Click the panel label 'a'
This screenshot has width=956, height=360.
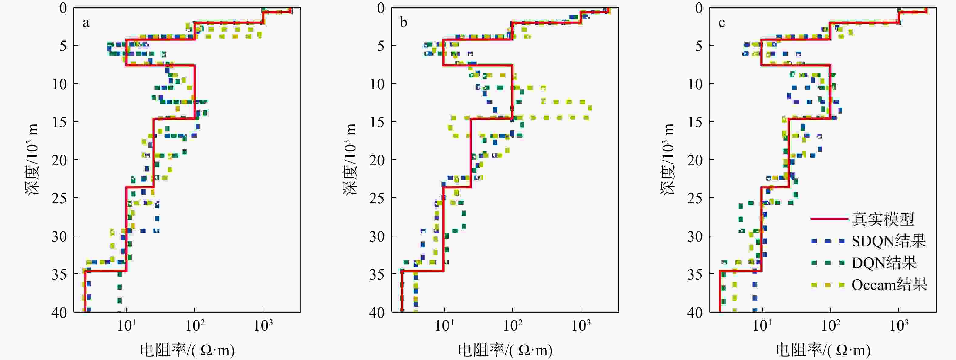[x=86, y=23]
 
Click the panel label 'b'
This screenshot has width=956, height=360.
[x=403, y=23]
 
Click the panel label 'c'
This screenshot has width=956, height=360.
[x=721, y=23]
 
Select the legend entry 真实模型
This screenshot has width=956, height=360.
[x=883, y=219]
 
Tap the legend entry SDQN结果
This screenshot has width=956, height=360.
[x=888, y=241]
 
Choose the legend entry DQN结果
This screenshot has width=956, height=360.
[x=884, y=263]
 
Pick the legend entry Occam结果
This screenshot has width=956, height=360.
[x=889, y=285]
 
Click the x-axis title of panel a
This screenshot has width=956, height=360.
[x=188, y=350]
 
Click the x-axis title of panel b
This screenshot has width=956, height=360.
[x=505, y=350]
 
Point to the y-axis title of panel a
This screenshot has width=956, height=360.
[x=32, y=160]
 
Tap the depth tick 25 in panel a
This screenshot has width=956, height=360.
[x=59, y=198]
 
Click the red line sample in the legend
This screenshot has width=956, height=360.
[x=829, y=219]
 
